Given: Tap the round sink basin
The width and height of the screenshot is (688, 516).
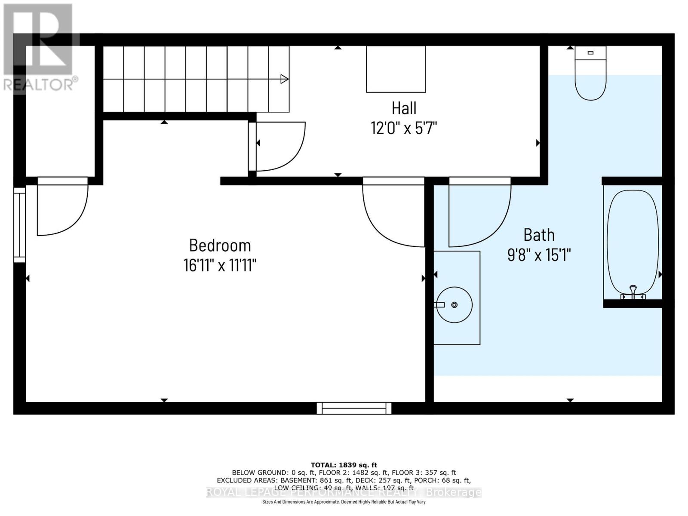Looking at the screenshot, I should click(x=454, y=305).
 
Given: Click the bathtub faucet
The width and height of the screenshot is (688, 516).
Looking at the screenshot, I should click(x=633, y=292).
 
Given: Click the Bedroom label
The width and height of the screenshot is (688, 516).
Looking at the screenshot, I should click(x=220, y=245).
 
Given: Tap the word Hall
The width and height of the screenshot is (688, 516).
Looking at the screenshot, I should click(x=404, y=108).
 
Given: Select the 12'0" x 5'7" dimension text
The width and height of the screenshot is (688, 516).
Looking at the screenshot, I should click(x=404, y=128).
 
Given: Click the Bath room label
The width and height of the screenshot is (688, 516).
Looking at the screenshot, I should click(x=539, y=235).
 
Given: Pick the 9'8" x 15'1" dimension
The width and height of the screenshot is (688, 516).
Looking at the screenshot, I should click(x=539, y=255).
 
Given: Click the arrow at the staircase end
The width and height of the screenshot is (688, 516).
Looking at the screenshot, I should click(x=284, y=79).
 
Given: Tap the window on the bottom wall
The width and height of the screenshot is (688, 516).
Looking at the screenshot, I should click(x=354, y=408).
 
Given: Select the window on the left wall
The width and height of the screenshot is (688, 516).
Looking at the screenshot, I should click(x=19, y=224).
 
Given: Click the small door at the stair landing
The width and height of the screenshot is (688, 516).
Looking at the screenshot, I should click(x=277, y=146).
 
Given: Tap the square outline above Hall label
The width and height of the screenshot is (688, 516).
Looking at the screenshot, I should click(x=396, y=69).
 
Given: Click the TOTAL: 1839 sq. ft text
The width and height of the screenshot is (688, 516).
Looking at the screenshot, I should click(x=344, y=465).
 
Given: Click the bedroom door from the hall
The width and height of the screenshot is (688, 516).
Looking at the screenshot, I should click(x=393, y=213).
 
